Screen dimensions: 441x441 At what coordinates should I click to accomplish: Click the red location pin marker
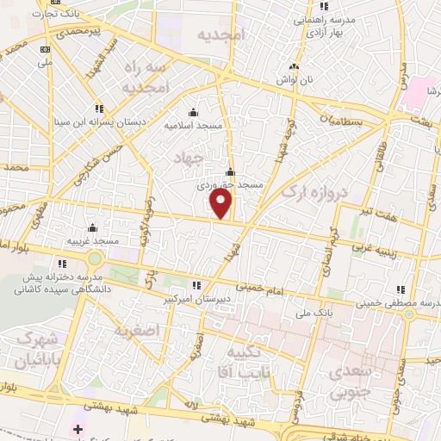(221, 204)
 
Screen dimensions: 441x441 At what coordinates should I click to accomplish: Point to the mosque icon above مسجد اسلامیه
(192, 112)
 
